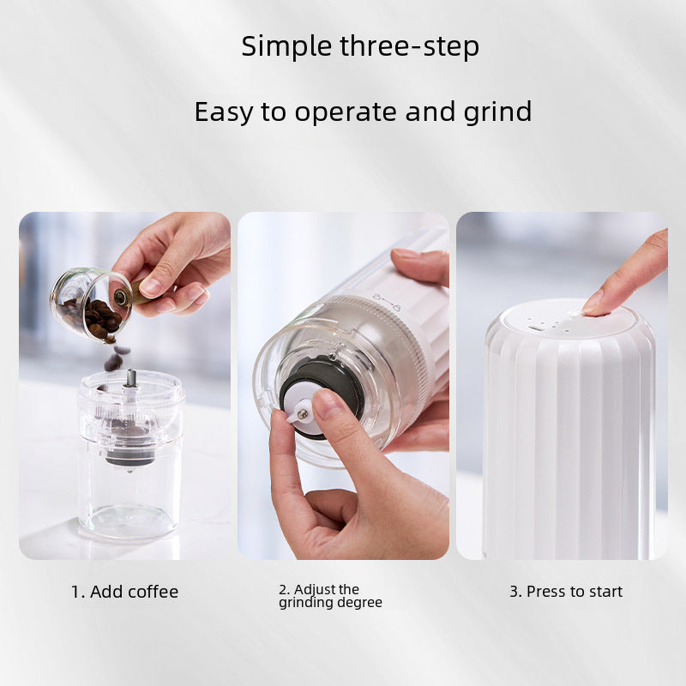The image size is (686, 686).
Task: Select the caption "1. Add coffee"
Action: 124,592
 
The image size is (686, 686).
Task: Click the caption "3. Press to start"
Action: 566,592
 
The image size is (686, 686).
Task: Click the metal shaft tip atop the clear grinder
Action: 130,378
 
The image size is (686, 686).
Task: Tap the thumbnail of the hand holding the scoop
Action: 152,286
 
